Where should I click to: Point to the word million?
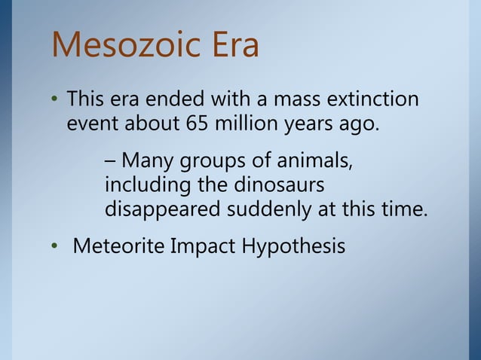[x=245, y=124]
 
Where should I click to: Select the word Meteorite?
[x=115, y=246]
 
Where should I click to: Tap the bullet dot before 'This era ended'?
[x=55, y=100]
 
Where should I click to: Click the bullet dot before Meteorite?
[x=55, y=247]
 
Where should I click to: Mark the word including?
[x=146, y=185]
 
